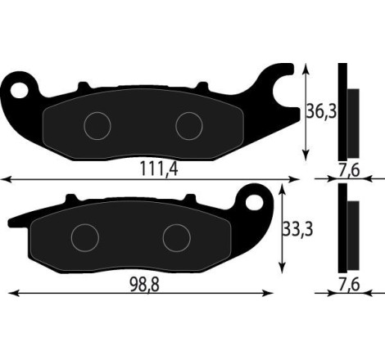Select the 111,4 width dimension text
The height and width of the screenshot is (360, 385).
159,169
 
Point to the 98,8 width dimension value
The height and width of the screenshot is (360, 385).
146,283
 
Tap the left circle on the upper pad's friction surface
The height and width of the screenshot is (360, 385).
97,124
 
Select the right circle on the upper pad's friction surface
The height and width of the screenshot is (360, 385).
189,124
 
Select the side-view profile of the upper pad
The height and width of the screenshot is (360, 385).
346,112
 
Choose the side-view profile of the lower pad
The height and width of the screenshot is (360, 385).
346,229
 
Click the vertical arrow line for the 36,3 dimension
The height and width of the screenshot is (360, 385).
306,111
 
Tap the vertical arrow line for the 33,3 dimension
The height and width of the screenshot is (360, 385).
283,229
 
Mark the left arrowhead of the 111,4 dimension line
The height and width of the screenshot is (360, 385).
5,178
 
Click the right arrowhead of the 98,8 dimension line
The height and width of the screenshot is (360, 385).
269,293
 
